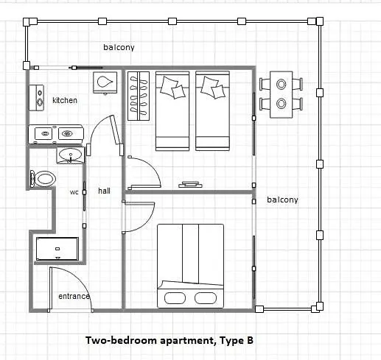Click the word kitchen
pyautogui.click(x=65, y=100)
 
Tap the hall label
pyautogui.click(x=104, y=191)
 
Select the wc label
pyautogui.click(x=74, y=192)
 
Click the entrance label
pyautogui.click(x=74, y=296)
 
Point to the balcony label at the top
pyautogui.click(x=119, y=47)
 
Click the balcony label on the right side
pyautogui.click(x=282, y=200)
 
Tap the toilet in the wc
pyautogui.click(x=43, y=178)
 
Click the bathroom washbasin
pyautogui.click(x=71, y=155)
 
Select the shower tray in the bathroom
pyautogui.click(x=57, y=249)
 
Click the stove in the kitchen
pyautogui.click(x=37, y=98)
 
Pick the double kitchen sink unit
pyautogui.click(x=56, y=134)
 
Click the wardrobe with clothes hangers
pyautogui.click(x=139, y=96)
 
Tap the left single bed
pyautogui.click(x=172, y=111)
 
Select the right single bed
pyautogui.click(x=212, y=111)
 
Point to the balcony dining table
pyautogui.click(x=282, y=95)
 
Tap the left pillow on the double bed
pyautogui.click(x=175, y=298)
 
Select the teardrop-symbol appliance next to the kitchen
pyautogui.click(x=105, y=82)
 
